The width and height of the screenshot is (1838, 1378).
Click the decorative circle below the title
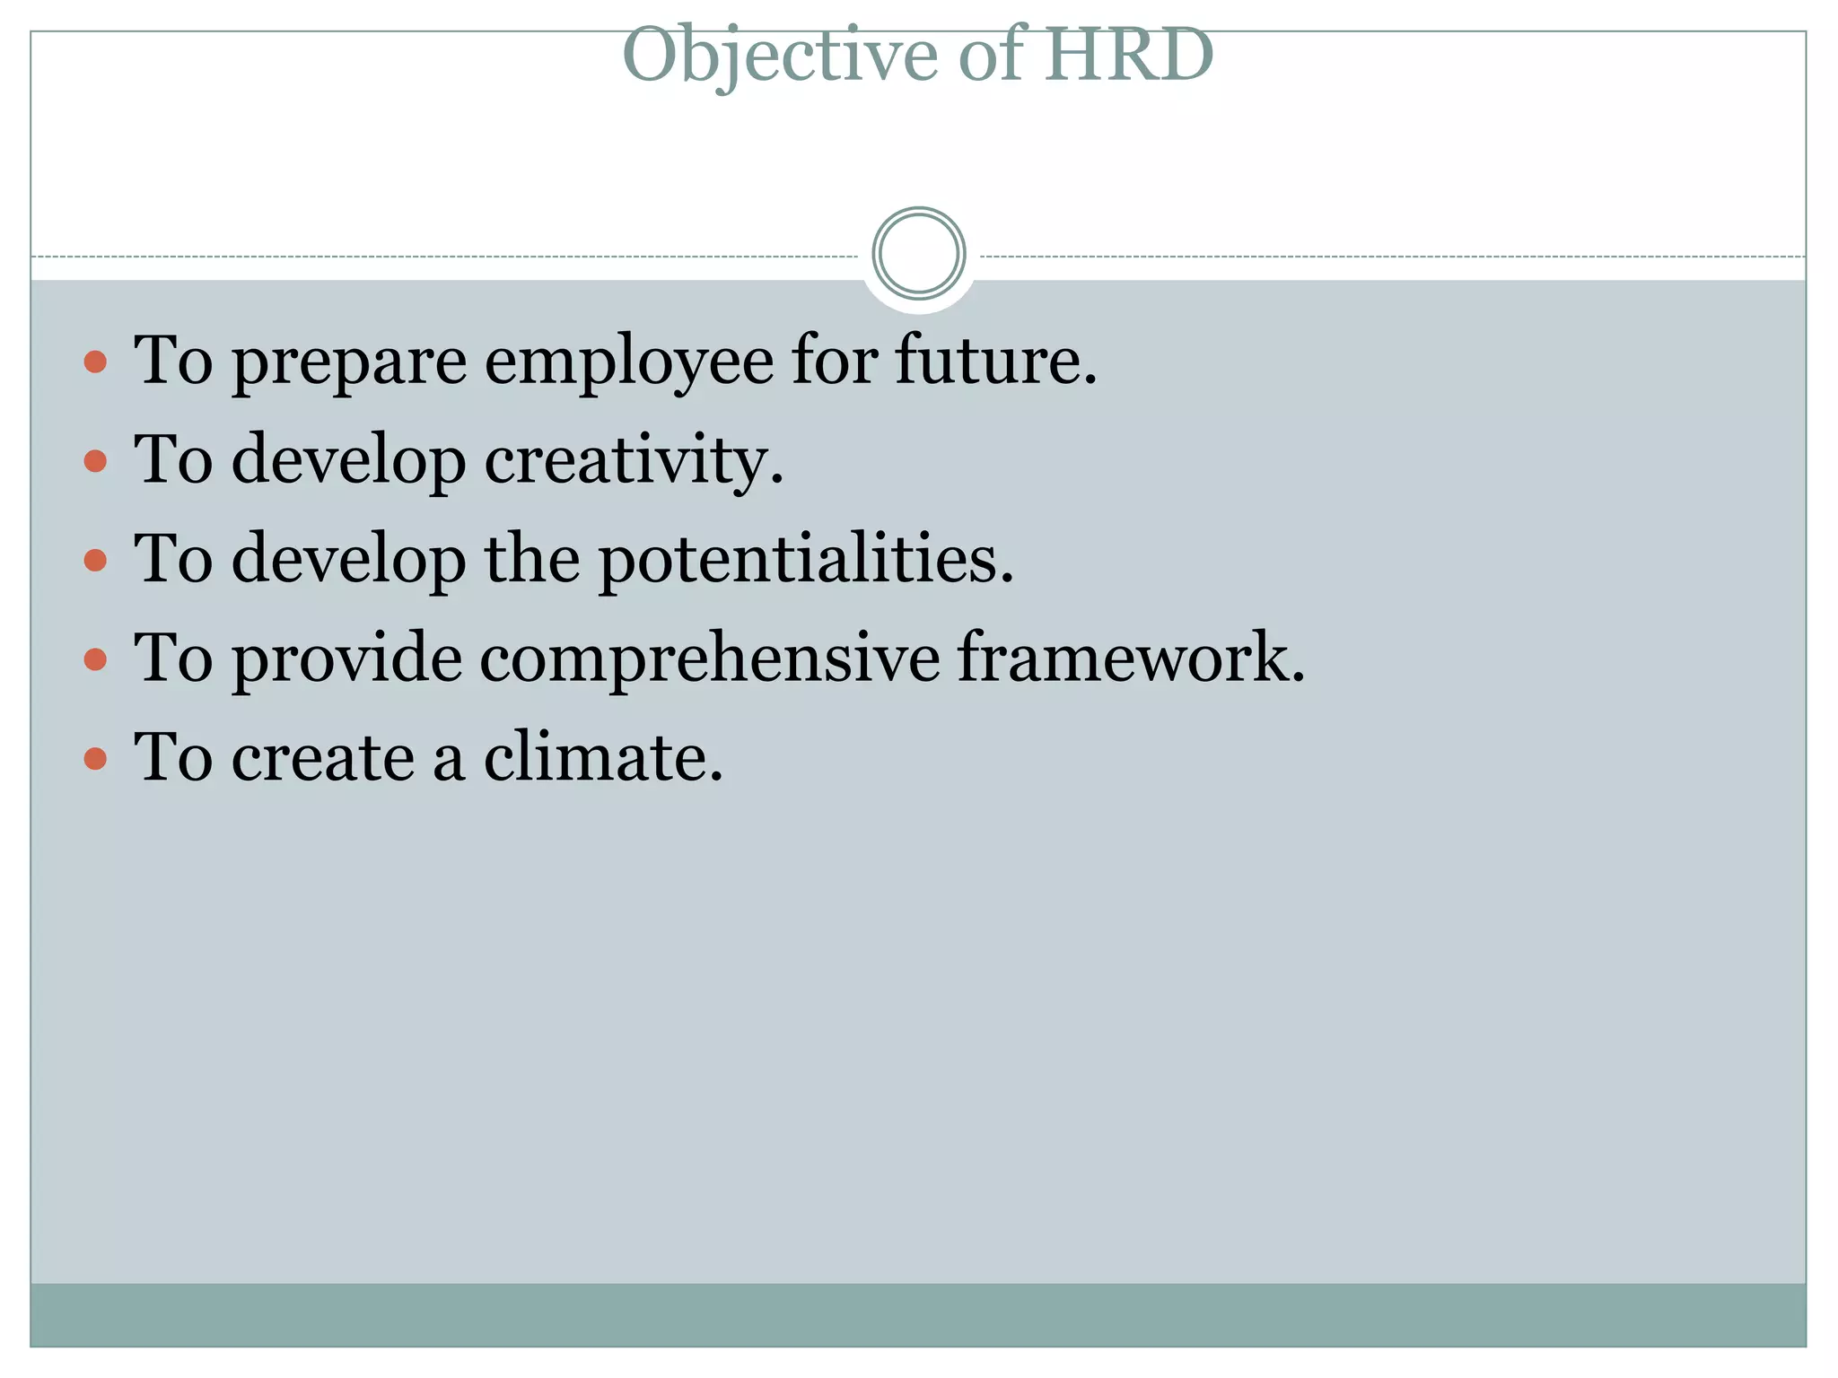click(918, 253)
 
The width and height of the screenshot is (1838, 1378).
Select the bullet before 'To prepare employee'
click(95, 362)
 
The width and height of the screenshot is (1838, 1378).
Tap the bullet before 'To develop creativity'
click(95, 462)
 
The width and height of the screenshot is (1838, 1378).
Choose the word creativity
click(634, 461)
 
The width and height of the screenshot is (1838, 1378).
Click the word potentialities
click(805, 560)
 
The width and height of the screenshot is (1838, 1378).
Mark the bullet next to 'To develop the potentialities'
click(95, 562)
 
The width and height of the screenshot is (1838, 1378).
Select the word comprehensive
click(709, 658)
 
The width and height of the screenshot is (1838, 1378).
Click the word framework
click(1130, 658)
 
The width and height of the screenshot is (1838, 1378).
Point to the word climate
click(603, 758)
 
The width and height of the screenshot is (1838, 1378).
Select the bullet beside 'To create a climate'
click(95, 760)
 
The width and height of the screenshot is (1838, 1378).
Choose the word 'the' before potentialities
click(532, 559)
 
